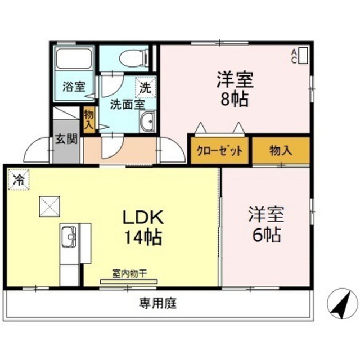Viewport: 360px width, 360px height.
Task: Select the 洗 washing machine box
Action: click(146, 88)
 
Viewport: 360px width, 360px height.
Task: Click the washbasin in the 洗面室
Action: click(147, 121)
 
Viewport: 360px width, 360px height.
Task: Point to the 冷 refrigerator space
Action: click(19, 179)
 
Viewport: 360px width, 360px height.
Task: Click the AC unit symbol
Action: click(304, 56)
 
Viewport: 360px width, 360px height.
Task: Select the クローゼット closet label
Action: click(219, 151)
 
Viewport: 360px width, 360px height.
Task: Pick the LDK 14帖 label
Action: click(143, 227)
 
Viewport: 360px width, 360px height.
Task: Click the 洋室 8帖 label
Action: click(235, 89)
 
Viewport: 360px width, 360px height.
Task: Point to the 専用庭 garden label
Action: click(157, 303)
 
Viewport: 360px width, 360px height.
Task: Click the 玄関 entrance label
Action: click(66, 139)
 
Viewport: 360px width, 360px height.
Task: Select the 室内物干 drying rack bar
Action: click(129, 281)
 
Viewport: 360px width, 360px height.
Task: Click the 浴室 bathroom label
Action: click(74, 87)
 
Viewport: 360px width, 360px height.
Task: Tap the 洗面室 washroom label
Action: click(128, 105)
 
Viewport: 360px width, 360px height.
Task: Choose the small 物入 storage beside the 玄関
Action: click(89, 119)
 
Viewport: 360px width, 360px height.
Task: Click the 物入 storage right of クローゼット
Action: click(281, 151)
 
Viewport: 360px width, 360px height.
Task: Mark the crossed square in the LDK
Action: click(49, 206)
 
